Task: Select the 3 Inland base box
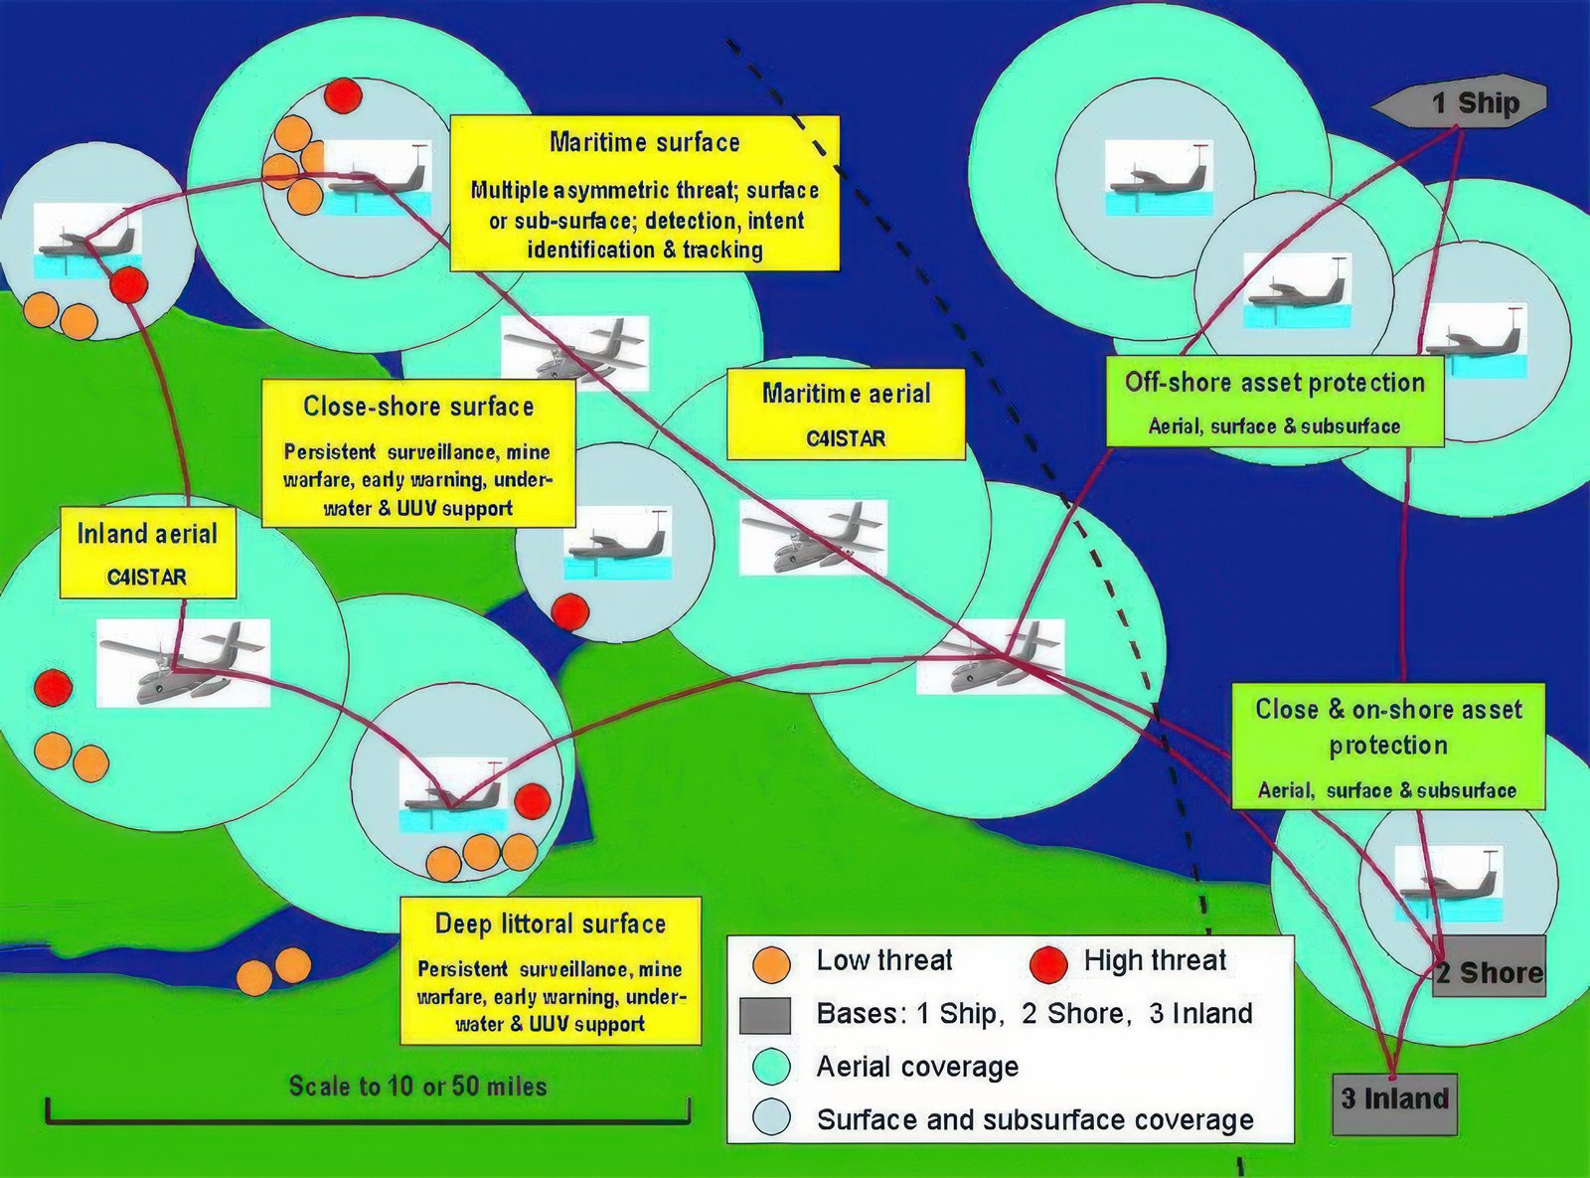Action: point(1395,1099)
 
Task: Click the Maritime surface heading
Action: point(645,143)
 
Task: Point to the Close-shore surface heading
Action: point(418,406)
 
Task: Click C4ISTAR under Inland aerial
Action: point(147,577)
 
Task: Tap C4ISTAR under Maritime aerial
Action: point(846,438)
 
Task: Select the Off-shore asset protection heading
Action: point(1275,383)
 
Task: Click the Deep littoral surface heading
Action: point(551,924)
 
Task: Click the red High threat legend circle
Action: point(1048,962)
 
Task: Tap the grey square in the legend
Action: point(765,1015)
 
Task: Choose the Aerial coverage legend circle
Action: point(771,1067)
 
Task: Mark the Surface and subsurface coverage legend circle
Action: point(771,1117)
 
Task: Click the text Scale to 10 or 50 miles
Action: point(418,1087)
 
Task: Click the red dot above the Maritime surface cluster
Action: point(343,94)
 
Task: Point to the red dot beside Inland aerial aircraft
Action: point(54,687)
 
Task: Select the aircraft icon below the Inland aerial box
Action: point(184,663)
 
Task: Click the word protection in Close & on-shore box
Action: point(1388,747)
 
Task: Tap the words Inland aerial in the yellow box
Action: point(147,534)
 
